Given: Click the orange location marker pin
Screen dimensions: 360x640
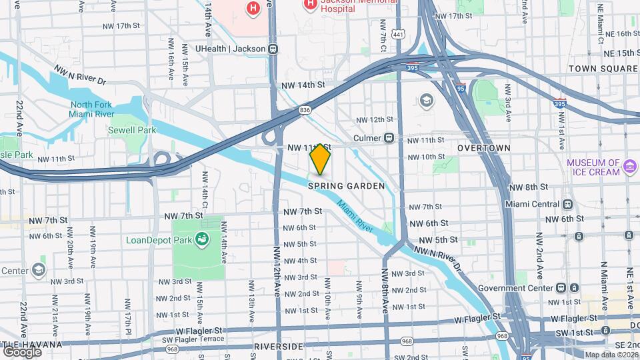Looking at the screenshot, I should coord(320,159).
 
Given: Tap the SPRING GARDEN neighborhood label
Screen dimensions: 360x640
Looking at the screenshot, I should coord(346,186).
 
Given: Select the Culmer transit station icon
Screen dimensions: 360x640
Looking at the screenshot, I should coord(389,139).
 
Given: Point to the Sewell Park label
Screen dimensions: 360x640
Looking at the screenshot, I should coord(133,130).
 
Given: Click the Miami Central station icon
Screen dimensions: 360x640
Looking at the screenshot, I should coord(567,204).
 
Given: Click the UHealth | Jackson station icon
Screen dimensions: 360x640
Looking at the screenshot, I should coord(273,49).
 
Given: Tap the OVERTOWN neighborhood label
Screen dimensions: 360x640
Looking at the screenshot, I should coord(484,148).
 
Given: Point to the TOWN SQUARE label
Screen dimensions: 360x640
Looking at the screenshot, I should coord(603,69).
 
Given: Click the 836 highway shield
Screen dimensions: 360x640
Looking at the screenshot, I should coord(305,110).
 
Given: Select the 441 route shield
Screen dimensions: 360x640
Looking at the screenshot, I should coord(399,34).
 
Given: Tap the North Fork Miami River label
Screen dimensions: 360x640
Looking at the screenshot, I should coord(91,109).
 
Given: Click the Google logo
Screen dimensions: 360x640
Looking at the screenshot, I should coord(21,351).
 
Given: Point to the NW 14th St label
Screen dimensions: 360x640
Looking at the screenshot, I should coord(303,85).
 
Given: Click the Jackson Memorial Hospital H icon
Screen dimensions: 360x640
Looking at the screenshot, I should coord(310,5).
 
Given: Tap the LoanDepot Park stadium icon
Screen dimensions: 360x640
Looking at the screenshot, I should coord(201,239).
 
